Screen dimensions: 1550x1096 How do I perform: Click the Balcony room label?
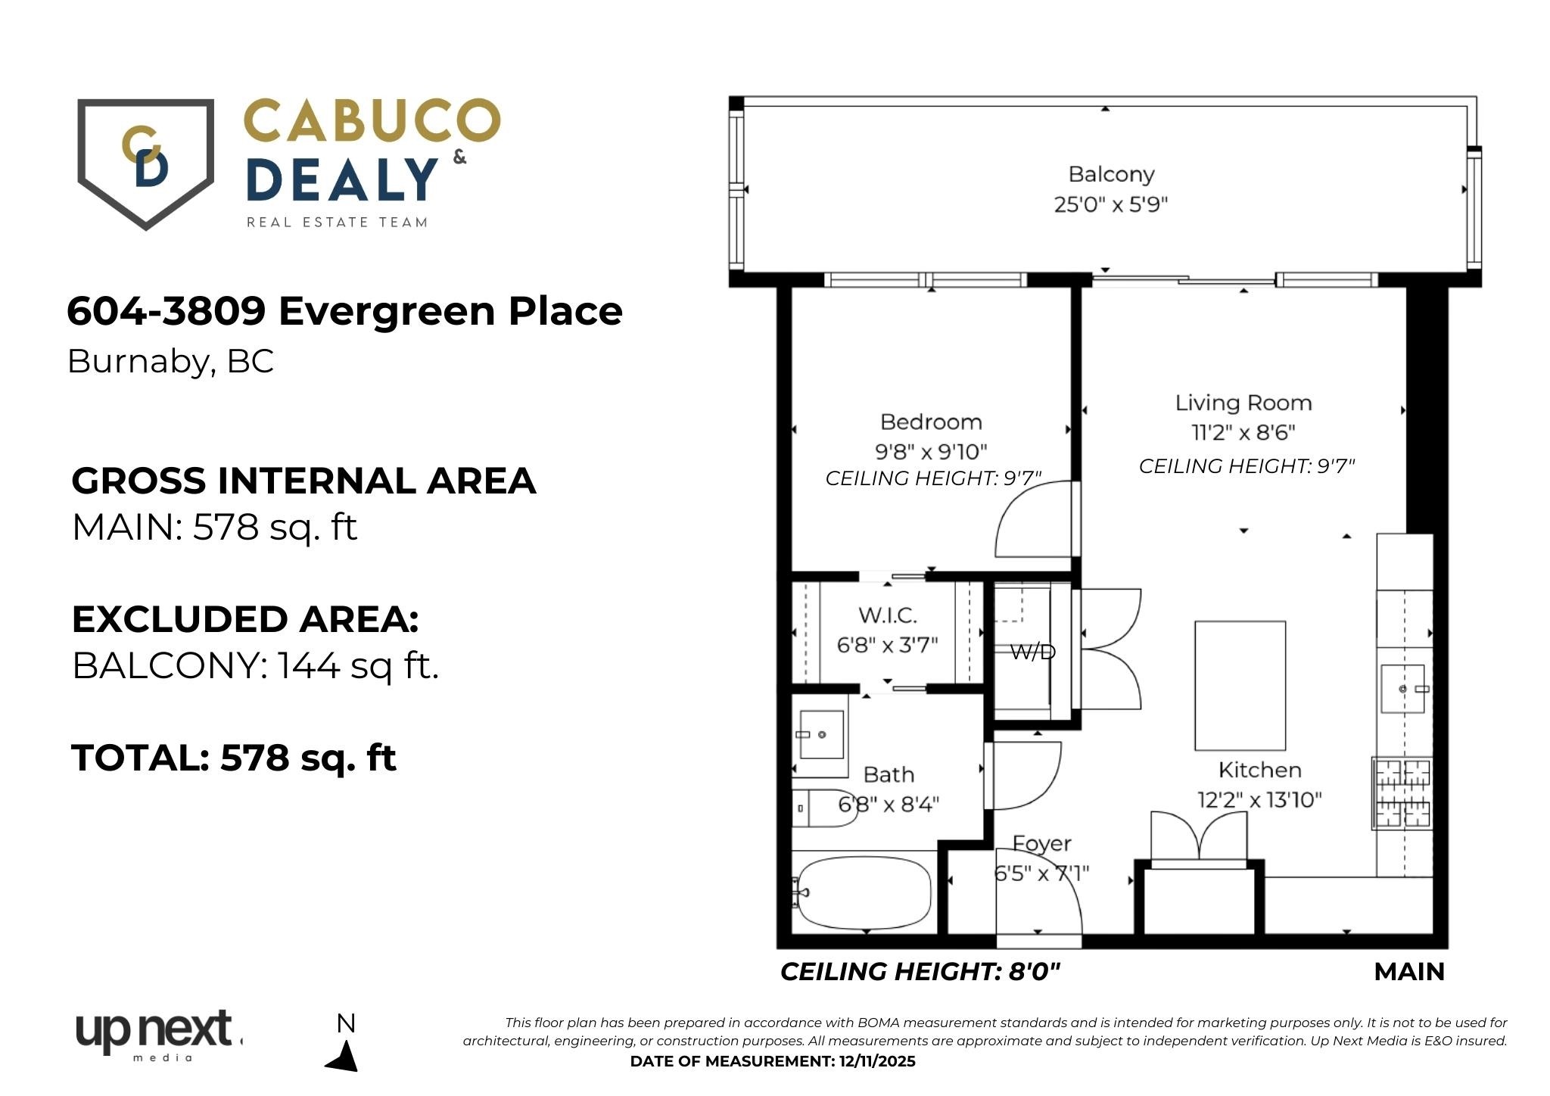click(1111, 174)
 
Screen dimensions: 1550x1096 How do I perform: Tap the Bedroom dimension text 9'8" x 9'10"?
click(931, 452)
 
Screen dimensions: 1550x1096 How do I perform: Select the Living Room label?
click(1243, 403)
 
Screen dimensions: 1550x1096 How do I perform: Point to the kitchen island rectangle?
click(1240, 686)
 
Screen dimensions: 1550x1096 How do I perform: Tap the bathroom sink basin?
click(820, 734)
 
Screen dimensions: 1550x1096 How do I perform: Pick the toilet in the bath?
click(823, 808)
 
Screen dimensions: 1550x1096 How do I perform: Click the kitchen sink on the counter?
click(1402, 689)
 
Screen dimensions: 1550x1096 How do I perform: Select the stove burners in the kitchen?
click(1402, 793)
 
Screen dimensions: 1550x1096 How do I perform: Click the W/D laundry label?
click(1032, 652)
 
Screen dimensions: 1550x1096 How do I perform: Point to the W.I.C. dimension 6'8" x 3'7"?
click(887, 645)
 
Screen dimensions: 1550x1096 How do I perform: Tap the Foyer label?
click(1042, 843)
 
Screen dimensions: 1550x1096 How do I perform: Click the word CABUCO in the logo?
click(372, 121)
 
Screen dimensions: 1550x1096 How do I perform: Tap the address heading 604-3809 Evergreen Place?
click(344, 311)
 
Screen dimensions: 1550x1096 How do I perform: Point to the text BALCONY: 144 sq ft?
click(255, 666)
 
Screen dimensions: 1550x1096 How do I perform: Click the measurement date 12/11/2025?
click(877, 1061)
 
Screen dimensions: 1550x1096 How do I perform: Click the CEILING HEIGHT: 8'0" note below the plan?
click(920, 971)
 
